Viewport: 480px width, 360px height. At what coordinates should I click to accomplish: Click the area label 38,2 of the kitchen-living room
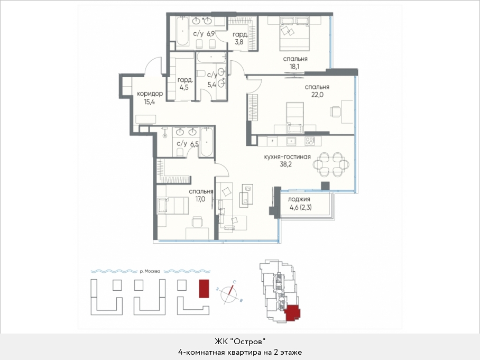285,164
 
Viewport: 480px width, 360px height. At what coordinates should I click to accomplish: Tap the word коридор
150,94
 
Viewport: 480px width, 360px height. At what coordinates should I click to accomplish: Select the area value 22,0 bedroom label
317,95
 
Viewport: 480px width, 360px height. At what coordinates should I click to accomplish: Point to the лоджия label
299,199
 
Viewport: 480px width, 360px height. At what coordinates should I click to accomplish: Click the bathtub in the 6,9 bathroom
183,31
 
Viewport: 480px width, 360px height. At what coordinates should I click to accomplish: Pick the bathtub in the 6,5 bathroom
207,142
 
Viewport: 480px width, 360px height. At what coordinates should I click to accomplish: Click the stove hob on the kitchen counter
310,141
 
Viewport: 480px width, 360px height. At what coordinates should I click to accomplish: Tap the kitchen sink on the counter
291,141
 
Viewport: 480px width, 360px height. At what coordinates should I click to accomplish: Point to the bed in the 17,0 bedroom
173,206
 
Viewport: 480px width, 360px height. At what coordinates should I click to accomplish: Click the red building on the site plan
204,288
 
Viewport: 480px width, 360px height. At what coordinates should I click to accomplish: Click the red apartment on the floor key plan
292,313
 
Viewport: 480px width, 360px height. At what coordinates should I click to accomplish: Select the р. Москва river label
150,271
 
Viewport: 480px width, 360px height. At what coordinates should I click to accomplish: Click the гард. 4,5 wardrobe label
185,84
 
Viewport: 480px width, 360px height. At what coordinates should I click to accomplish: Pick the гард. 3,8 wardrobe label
239,38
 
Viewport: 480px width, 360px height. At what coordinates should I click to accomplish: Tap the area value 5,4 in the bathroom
212,85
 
